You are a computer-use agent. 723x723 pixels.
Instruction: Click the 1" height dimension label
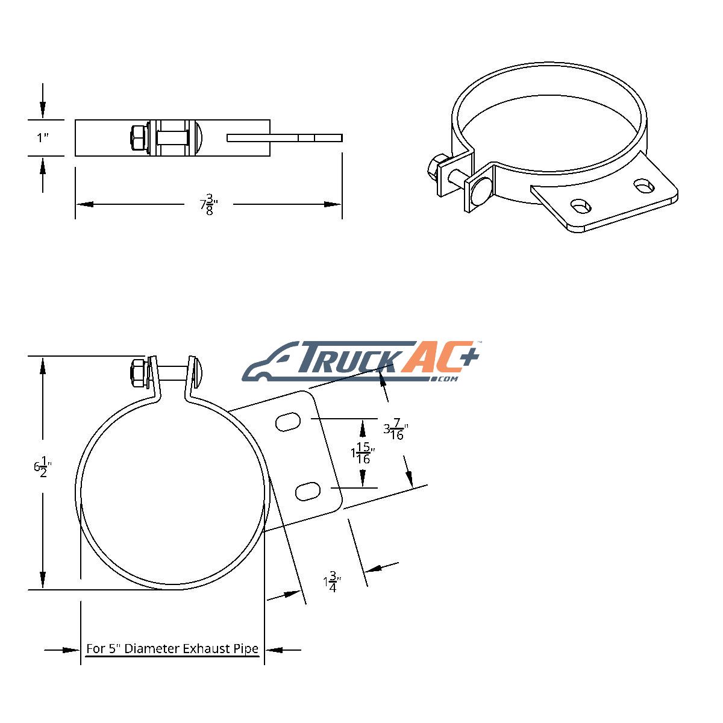click(x=43, y=138)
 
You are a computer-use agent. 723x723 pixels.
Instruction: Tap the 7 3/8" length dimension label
click(x=208, y=204)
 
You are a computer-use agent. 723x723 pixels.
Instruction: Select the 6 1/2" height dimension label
click(x=42, y=467)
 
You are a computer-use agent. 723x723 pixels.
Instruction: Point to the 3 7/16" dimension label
click(x=395, y=429)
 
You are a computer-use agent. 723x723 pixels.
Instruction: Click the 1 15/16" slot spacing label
click(x=363, y=453)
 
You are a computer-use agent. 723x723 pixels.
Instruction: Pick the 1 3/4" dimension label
click(x=332, y=582)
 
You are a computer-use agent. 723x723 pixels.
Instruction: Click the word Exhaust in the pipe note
click(x=202, y=649)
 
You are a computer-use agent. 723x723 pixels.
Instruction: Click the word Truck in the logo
click(x=347, y=357)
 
